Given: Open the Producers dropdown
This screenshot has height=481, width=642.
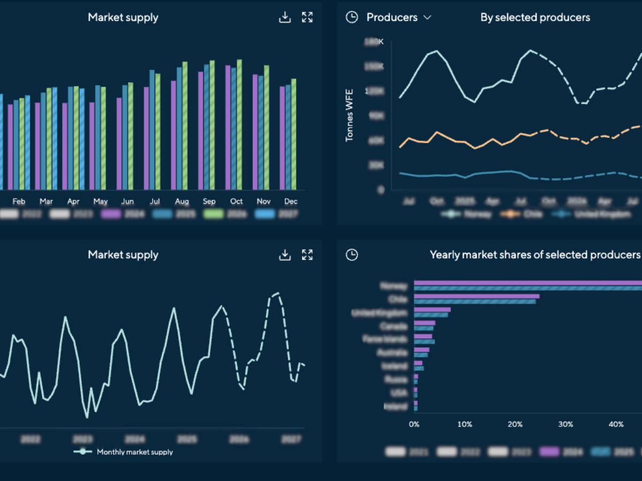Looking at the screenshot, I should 399,18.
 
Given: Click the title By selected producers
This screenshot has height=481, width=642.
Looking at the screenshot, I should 535,18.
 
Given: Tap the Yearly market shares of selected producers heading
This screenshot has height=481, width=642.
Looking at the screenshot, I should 535,255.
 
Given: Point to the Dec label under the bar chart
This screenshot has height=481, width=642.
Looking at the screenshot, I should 291,201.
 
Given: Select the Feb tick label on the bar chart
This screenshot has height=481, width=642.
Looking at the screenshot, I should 19,201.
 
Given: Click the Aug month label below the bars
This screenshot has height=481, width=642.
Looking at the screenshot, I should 182,201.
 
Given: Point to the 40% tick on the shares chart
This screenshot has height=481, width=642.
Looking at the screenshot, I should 616,424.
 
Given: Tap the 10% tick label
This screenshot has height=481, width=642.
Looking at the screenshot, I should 464,424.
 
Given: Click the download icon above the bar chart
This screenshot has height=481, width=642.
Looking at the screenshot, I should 285,18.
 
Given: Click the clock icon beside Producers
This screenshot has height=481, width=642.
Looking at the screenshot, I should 351,18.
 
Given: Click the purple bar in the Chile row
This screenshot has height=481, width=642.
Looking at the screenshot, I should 476,296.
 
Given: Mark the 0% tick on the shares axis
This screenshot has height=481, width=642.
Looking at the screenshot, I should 414,424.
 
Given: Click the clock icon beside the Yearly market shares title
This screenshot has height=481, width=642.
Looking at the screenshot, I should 351,255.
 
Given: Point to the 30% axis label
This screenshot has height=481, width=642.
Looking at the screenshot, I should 565,424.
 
